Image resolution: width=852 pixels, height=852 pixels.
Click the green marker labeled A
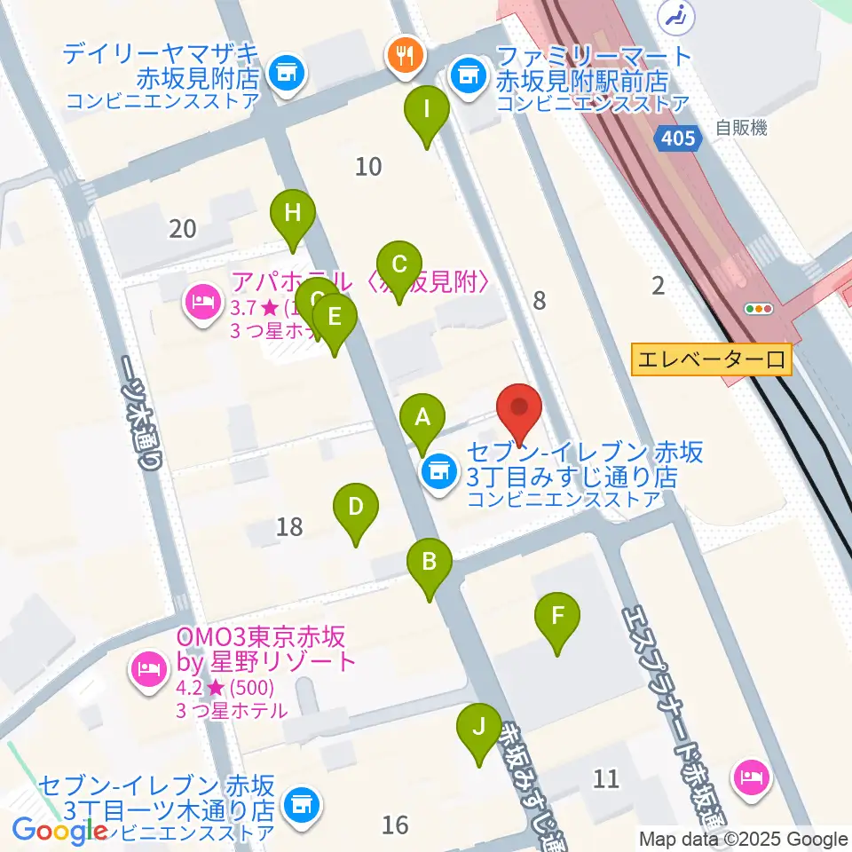tap(422, 417)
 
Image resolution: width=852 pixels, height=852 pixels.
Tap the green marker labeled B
tap(430, 563)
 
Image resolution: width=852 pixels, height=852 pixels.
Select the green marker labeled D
tap(355, 509)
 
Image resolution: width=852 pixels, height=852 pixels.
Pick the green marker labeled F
tap(557, 616)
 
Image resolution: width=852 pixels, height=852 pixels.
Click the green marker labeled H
tap(293, 214)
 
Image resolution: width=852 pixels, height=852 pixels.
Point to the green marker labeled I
tap(427, 111)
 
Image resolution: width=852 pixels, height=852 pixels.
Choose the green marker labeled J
tap(479, 729)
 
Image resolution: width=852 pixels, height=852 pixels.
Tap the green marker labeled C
tap(399, 265)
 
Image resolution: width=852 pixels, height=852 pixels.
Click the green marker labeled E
tap(334, 317)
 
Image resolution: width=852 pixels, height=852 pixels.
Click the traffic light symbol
tap(761, 310)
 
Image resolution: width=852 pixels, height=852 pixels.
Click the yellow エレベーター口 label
tap(711, 359)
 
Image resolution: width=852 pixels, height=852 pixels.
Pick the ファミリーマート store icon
tap(467, 74)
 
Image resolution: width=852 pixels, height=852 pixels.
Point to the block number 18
tap(289, 527)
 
